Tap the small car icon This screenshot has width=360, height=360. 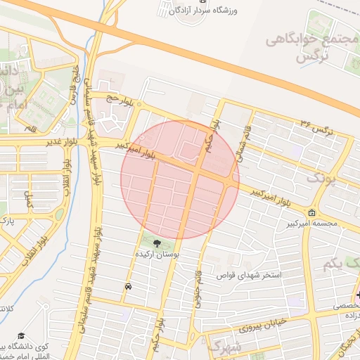pos(128,287)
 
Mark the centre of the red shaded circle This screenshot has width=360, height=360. pos(181,179)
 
